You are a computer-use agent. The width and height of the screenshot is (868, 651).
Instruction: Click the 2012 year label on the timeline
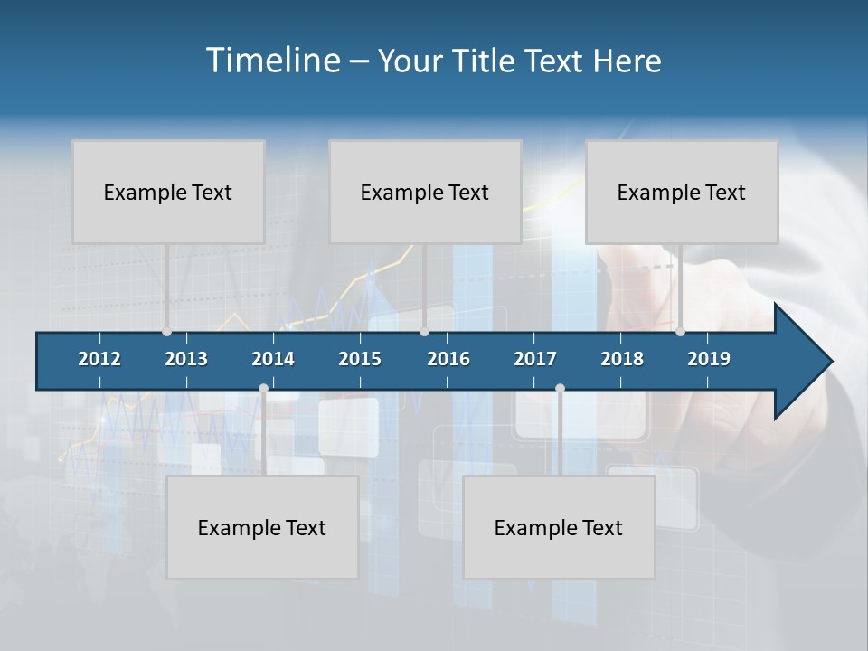click(x=99, y=359)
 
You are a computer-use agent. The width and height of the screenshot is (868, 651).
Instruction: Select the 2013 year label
click(x=186, y=359)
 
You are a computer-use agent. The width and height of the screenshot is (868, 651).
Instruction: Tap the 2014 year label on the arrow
click(x=273, y=359)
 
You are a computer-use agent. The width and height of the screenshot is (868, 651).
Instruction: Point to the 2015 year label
click(x=360, y=359)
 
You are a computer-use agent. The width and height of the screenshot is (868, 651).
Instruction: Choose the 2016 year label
click(x=448, y=359)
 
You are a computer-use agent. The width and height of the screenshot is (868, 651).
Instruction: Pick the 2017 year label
click(x=535, y=359)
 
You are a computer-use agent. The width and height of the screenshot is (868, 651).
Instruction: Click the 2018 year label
click(x=622, y=359)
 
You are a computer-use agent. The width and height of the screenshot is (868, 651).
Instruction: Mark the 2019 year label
click(x=709, y=359)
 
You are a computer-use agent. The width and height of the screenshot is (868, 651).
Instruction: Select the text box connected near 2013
click(x=168, y=192)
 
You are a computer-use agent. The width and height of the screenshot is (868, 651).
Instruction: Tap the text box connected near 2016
click(x=425, y=192)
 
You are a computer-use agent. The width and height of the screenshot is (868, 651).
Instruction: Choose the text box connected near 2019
click(x=682, y=192)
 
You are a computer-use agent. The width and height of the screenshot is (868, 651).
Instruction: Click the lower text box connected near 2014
click(x=262, y=527)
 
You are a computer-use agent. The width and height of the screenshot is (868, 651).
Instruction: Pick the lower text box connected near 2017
click(x=559, y=527)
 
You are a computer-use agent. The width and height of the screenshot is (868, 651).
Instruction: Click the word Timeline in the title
click(x=271, y=61)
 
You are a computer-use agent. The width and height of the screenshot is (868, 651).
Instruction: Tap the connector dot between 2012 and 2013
click(x=166, y=331)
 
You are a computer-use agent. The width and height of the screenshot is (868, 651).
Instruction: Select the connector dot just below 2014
click(x=263, y=389)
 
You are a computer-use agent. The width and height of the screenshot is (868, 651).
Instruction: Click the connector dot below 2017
click(x=560, y=389)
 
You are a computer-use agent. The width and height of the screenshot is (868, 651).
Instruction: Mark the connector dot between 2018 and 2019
click(x=680, y=331)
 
